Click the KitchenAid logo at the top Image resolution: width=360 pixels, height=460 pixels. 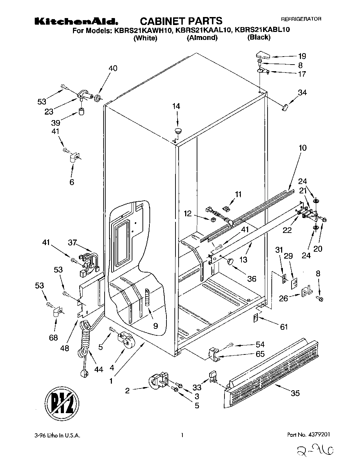pos(78,21)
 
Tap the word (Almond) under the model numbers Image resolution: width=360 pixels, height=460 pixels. pos(202,38)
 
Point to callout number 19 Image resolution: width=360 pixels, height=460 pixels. pos(302,56)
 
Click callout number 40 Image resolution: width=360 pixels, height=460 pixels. pos(113,68)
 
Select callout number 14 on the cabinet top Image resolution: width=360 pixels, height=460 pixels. pos(177,106)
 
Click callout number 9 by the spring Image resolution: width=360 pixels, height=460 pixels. pos(155,326)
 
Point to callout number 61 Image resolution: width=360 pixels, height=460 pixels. pos(284,327)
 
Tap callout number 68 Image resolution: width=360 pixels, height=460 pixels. pos(53,337)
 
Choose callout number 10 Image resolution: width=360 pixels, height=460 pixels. pos(302,148)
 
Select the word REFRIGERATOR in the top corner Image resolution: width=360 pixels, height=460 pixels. pos(301,19)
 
